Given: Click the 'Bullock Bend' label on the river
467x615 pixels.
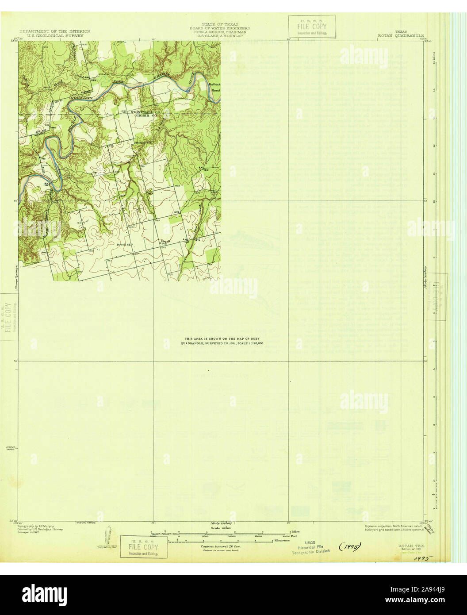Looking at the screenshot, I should click(x=214, y=87).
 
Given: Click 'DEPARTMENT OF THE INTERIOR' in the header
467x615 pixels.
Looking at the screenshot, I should click(x=55, y=31).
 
